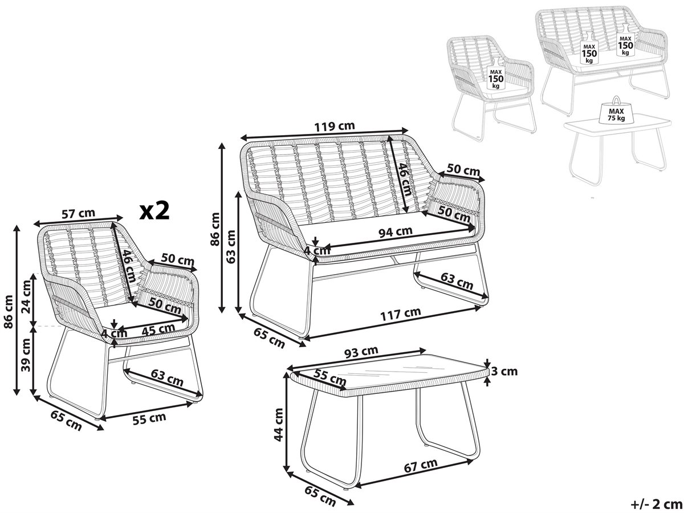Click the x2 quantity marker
pos(154,210)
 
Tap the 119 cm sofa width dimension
pos(335,126)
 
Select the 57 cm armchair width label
pos(78,214)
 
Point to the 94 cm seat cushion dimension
pos(396,232)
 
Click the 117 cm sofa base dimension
pos(401,313)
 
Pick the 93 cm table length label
pos(361,352)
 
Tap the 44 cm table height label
pos(278,425)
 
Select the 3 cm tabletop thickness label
pos(504,371)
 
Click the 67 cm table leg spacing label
pos(421,466)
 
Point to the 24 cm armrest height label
pos(26,296)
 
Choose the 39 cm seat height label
pos(26,355)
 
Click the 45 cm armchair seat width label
pos(158,329)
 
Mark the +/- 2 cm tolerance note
pos(654,504)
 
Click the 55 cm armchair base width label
pos(149,418)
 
